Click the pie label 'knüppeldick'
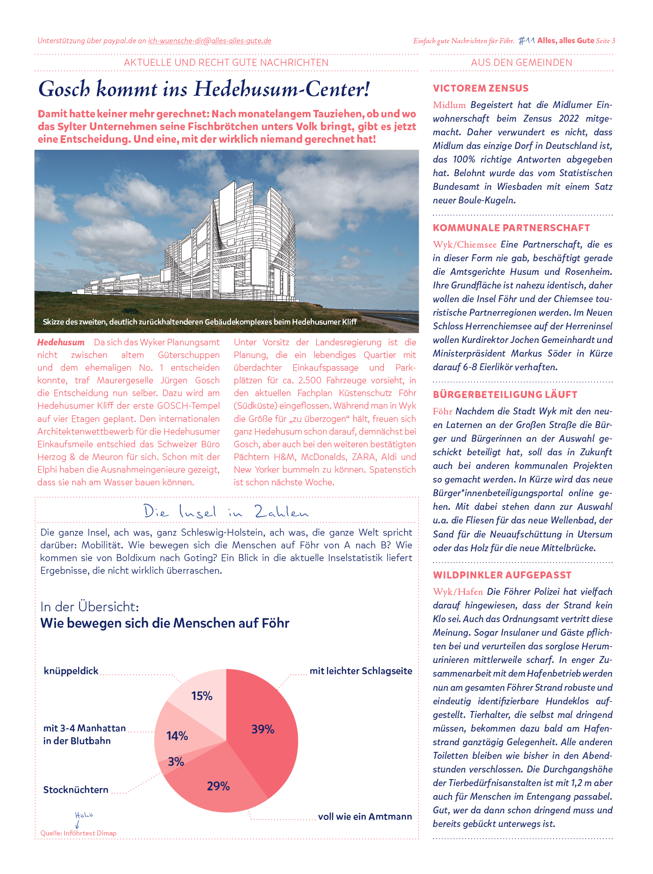pyautogui.click(x=71, y=671)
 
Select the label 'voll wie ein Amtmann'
pyautogui.click(x=365, y=816)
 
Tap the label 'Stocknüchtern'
pyautogui.click(x=76, y=789)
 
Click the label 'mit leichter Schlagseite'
pyautogui.click(x=361, y=671)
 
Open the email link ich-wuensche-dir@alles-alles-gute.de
pyautogui.click(x=209, y=41)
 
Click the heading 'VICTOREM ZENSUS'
pyautogui.click(x=480, y=88)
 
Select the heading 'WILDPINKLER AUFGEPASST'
pyautogui.click(x=502, y=575)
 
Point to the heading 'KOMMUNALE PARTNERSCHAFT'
pyautogui.click(x=511, y=228)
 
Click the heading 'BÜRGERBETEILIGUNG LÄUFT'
pyautogui.click(x=505, y=395)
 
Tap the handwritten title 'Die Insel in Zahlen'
pyautogui.click(x=226, y=512)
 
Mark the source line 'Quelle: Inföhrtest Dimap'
pyautogui.click(x=79, y=833)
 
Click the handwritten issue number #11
pyautogui.click(x=526, y=41)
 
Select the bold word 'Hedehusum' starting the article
pyautogui.click(x=61, y=343)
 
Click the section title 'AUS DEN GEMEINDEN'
pyautogui.click(x=522, y=62)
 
